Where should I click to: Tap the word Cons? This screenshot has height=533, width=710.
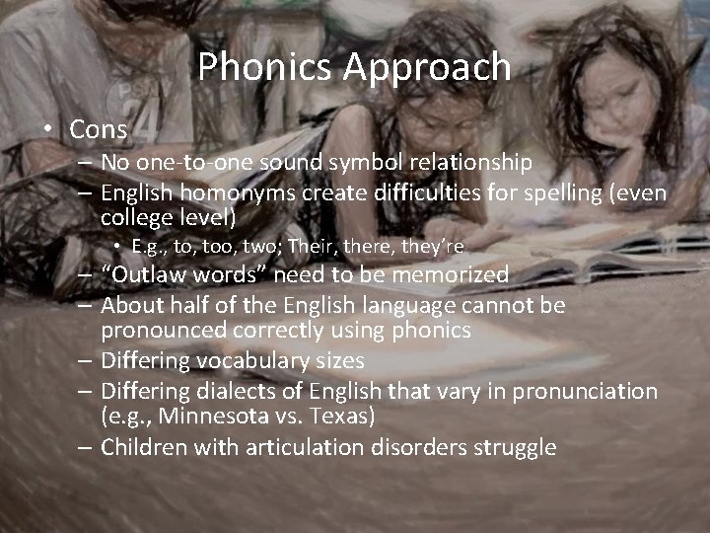point(100,129)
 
